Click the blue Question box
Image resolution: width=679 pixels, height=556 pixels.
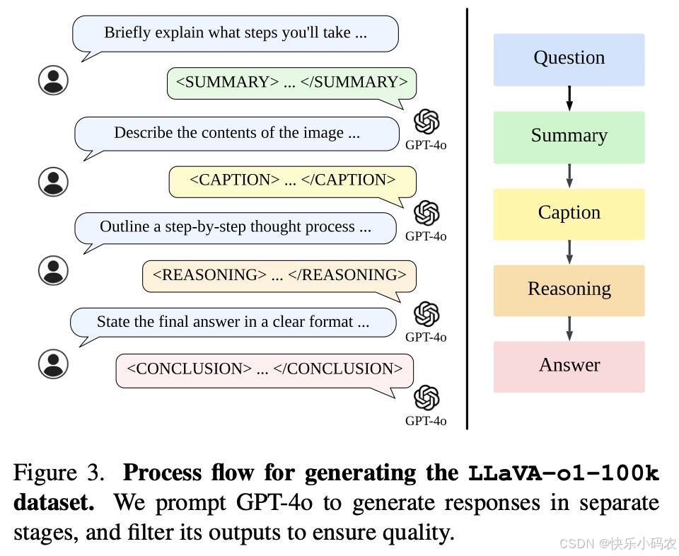click(x=569, y=59)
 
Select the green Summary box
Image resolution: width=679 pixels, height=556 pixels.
click(x=569, y=137)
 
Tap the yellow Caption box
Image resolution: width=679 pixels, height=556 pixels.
click(x=569, y=214)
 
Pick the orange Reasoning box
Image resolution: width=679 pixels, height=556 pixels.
click(x=569, y=290)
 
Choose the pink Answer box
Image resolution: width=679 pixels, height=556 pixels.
click(x=569, y=366)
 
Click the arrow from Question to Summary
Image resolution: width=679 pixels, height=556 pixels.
click(x=569, y=98)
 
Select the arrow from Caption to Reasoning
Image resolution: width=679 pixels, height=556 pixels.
click(x=569, y=252)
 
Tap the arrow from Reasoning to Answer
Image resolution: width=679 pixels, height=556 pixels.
click(x=569, y=328)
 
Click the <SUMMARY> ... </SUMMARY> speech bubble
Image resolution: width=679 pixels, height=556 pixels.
click(x=291, y=83)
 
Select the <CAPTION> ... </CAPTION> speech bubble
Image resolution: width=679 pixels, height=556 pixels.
click(x=292, y=181)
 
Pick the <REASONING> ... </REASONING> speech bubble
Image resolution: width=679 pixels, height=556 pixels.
click(x=279, y=276)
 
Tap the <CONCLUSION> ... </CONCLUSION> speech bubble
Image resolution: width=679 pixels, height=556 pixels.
click(x=265, y=370)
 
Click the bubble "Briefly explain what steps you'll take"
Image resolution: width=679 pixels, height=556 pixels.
click(x=236, y=33)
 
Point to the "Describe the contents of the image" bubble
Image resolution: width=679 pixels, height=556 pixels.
click(x=237, y=134)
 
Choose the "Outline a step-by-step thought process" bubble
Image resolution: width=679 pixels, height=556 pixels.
click(x=236, y=228)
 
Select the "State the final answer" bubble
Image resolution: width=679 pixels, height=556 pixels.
click(x=233, y=323)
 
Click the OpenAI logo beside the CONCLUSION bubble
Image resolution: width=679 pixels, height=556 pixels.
click(x=426, y=398)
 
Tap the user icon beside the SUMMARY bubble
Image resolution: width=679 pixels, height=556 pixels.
click(x=53, y=80)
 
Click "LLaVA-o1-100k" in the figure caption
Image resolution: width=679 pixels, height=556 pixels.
click(x=563, y=473)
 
